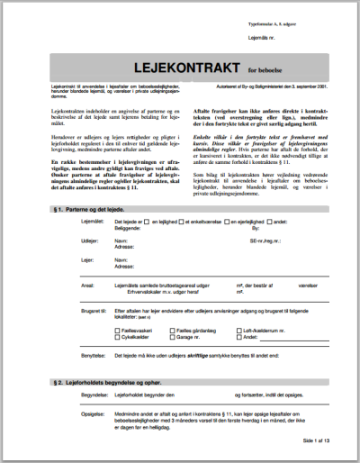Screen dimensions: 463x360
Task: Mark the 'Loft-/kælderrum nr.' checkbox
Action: pos(239,330)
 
